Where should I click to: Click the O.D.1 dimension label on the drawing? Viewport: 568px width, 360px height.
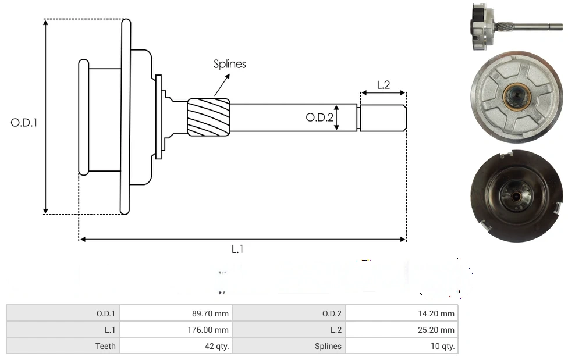[x=24, y=123]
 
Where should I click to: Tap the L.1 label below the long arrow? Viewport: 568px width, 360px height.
[x=237, y=249]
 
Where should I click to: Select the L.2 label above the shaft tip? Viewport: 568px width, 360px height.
[x=383, y=85]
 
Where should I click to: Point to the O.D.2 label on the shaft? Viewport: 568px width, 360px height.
[x=319, y=118]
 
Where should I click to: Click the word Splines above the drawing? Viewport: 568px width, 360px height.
[x=229, y=64]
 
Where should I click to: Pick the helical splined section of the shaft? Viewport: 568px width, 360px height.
[x=208, y=117]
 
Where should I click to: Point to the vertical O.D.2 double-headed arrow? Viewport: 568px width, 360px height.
[x=336, y=118]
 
